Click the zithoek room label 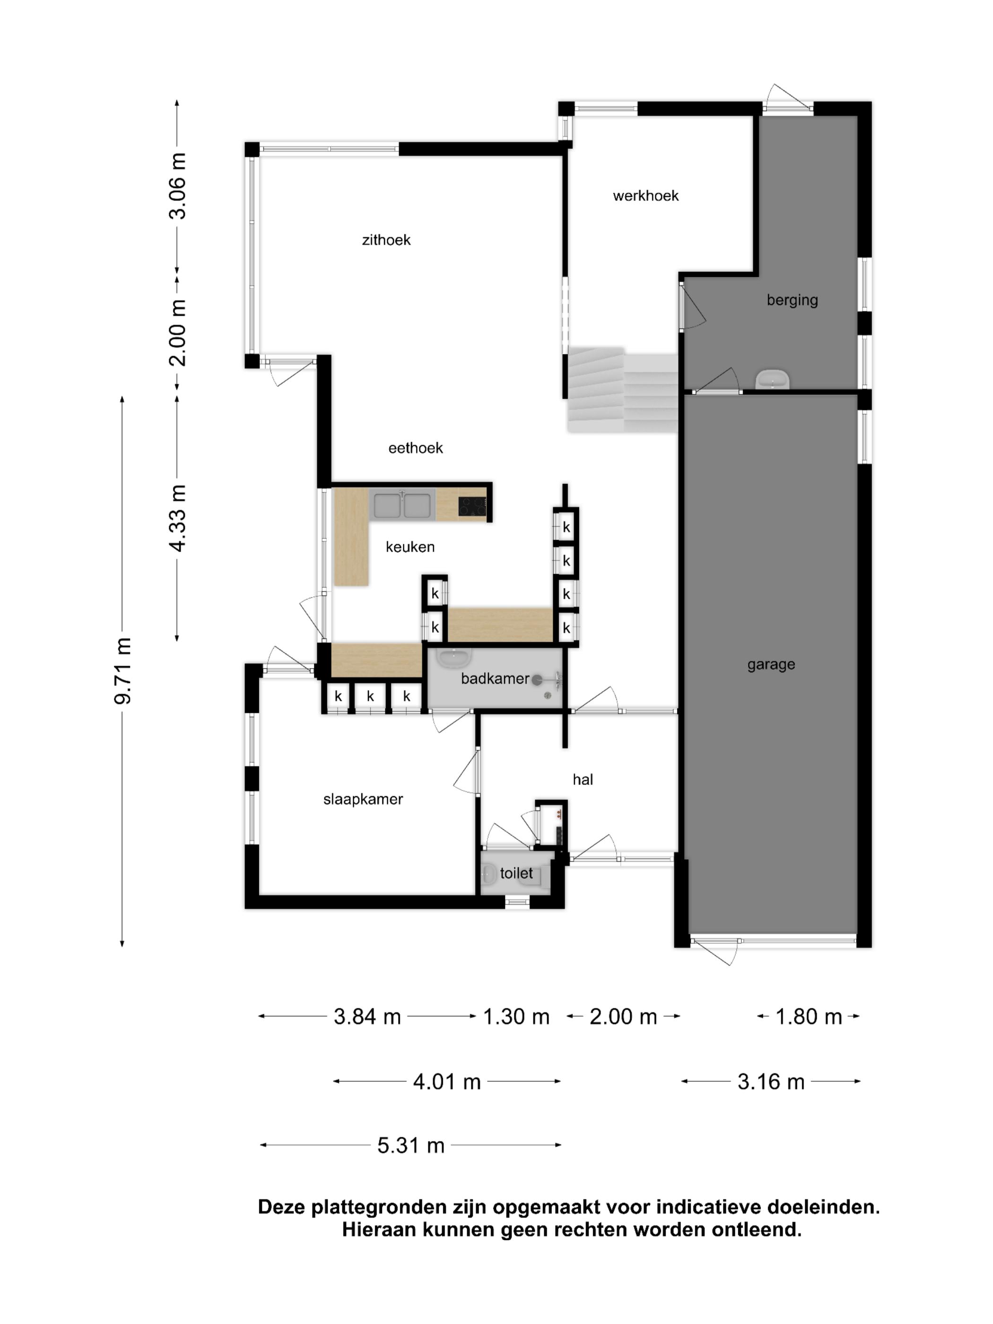[x=386, y=240]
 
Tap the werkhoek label [x=645, y=196]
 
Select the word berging [x=792, y=300]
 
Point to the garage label [x=770, y=664]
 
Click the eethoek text [x=415, y=448]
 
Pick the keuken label [x=410, y=547]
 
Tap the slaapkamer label [x=363, y=799]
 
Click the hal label [x=583, y=779]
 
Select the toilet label [x=516, y=873]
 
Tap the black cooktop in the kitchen [x=472, y=506]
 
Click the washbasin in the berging [x=772, y=380]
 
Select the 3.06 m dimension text [x=178, y=185]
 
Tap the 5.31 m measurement [x=410, y=1145]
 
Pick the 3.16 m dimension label [x=770, y=1081]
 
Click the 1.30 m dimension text [x=516, y=1016]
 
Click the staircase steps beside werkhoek [x=622, y=392]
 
